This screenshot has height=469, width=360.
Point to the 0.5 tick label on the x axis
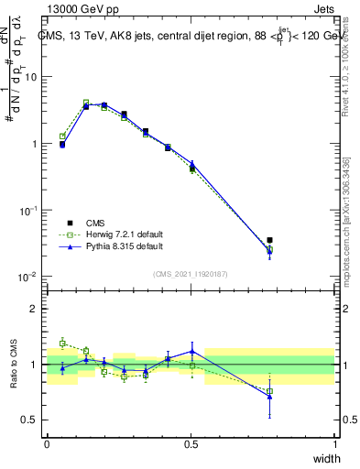pos(191,444)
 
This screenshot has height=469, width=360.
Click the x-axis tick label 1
pos(335,444)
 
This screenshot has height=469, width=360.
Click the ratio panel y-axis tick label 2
pos(35,309)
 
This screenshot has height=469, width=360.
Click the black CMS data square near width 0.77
pos(269,241)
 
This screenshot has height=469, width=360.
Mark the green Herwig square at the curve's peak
pos(86,103)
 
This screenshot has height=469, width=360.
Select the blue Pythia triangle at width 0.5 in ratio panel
pos(191,351)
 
